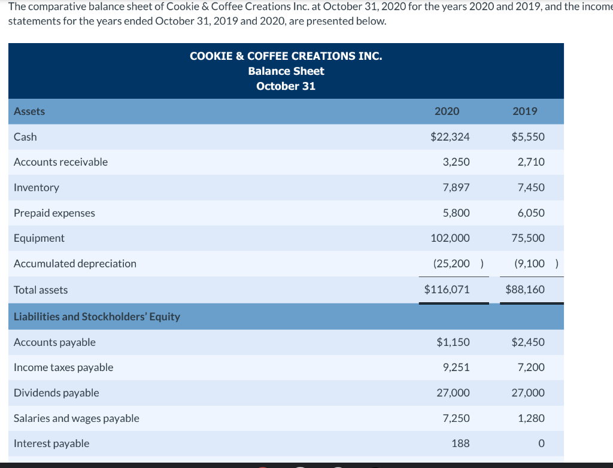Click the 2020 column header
[447, 111]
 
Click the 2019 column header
[525, 111]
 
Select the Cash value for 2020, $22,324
[450, 137]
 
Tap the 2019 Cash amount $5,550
[528, 137]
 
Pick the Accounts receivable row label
[60, 162]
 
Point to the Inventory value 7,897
[456, 188]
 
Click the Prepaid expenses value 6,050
[531, 213]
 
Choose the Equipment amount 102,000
[450, 238]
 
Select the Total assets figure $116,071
[447, 290]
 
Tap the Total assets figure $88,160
[525, 290]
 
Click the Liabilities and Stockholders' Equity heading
[96, 317]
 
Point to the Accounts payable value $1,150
[453, 342]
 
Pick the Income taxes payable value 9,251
[456, 367]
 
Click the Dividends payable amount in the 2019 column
[528, 393]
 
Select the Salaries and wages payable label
[76, 418]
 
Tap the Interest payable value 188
[460, 443]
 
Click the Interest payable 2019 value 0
[541, 443]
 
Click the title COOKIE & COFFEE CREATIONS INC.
[286, 56]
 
